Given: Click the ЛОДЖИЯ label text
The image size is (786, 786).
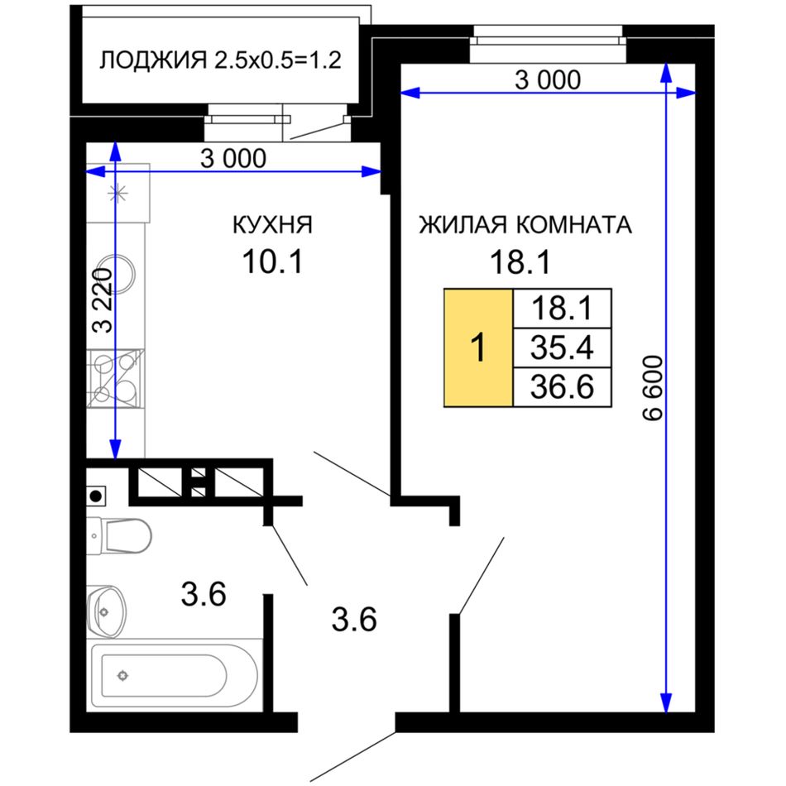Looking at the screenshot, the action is click(153, 60).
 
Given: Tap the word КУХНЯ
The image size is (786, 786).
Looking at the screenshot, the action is click(273, 224).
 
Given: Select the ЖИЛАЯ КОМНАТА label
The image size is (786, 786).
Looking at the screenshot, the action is click(525, 224).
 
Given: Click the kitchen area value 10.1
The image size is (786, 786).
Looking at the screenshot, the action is click(273, 261).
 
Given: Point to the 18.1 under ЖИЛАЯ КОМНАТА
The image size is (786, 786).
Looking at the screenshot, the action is click(520, 261).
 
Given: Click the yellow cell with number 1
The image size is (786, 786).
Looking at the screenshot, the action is click(479, 347).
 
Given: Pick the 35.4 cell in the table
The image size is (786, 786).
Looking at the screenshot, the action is click(562, 347).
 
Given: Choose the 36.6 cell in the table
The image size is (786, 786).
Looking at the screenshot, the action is click(562, 387).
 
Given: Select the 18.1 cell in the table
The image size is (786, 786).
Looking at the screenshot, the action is click(562, 309).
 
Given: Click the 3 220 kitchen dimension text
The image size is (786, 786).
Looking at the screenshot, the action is click(103, 301).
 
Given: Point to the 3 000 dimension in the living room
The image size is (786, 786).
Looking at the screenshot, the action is click(548, 80).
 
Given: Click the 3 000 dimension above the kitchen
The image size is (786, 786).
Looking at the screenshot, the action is click(233, 159).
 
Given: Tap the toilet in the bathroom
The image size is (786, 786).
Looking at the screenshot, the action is click(119, 535).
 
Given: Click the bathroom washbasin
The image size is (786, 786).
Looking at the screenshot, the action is click(106, 611).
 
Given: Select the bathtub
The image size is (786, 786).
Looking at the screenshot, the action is click(174, 674).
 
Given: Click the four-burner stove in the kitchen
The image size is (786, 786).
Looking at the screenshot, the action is click(115, 378).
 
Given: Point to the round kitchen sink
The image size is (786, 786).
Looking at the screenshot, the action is click(117, 274).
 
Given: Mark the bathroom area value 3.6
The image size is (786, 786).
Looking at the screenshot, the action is click(204, 594).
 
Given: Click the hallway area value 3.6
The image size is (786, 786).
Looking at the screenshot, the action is click(354, 620).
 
